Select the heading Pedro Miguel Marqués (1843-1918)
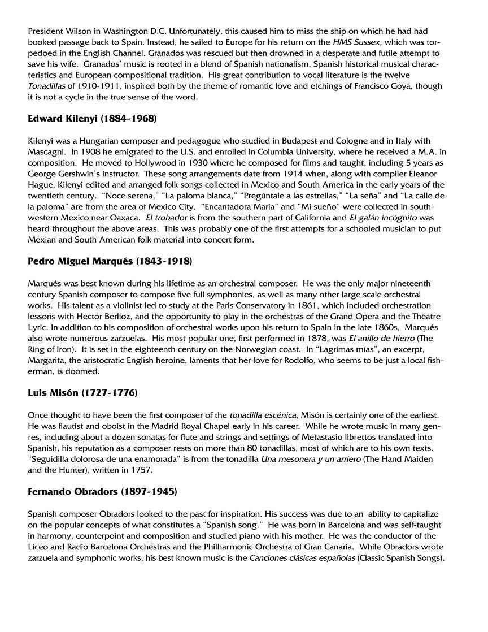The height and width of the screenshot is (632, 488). [x=110, y=261]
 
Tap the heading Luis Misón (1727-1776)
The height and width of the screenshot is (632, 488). [x=82, y=392]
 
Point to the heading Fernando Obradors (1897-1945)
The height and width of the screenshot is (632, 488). [x=102, y=491]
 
